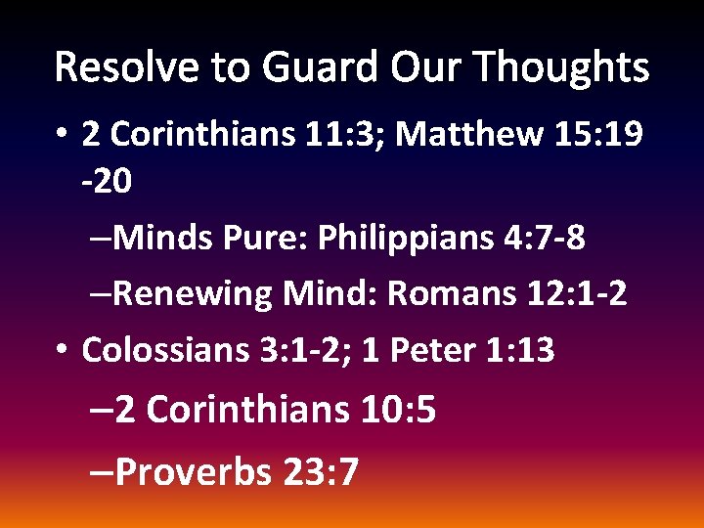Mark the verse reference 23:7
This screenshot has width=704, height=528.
[x=322, y=473]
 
